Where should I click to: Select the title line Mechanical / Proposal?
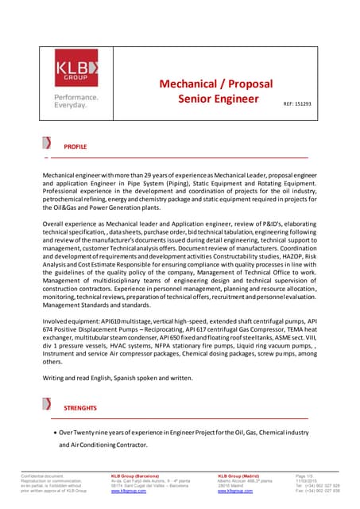tap(215, 84)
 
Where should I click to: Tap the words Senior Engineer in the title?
tap(219, 99)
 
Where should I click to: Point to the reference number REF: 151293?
tap(297, 104)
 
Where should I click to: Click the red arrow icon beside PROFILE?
tap(48, 144)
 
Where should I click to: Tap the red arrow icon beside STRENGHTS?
tap(48, 404)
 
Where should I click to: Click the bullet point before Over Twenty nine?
tap(53, 432)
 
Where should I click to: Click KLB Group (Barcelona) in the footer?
tap(135, 476)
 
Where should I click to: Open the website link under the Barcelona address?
tap(128, 492)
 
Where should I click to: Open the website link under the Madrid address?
tap(235, 492)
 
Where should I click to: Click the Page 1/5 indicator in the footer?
tap(305, 476)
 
